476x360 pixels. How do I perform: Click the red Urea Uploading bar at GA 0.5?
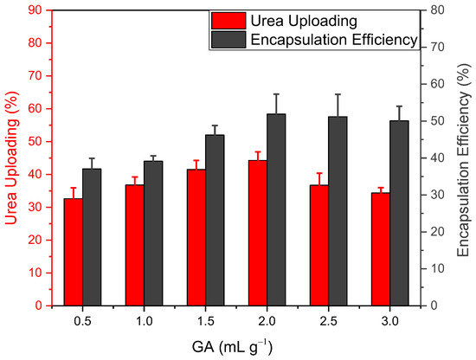point(73,252)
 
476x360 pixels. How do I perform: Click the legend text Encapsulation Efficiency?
point(333,40)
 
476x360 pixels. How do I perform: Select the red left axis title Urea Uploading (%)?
point(11,157)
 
